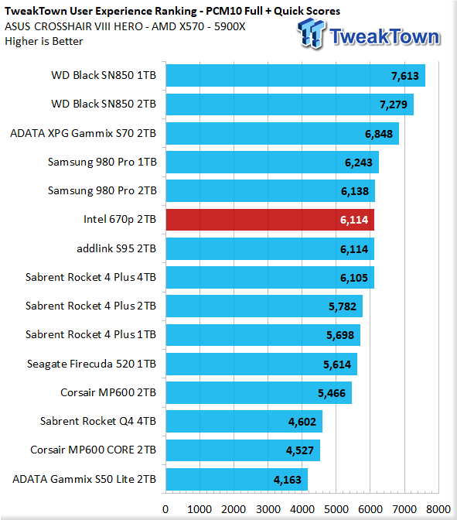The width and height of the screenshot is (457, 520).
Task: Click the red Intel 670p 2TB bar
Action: (x=270, y=220)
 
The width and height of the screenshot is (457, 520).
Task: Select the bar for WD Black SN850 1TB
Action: (x=295, y=76)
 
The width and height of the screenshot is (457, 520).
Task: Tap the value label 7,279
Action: (x=394, y=104)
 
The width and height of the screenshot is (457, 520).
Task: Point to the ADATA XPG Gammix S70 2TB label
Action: (x=84, y=133)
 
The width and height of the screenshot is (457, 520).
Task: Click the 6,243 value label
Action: (x=359, y=162)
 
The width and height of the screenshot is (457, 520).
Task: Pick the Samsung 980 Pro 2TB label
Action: (x=102, y=190)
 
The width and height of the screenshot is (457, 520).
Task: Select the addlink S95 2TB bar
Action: (x=270, y=248)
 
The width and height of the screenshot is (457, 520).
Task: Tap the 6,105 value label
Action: (x=354, y=278)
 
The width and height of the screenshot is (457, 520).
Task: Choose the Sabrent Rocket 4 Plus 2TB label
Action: (x=90, y=306)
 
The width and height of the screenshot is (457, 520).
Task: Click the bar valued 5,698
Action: (x=263, y=335)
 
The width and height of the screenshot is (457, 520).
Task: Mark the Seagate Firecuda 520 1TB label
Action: (x=91, y=364)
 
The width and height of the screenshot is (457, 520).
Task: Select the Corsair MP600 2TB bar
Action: (x=259, y=392)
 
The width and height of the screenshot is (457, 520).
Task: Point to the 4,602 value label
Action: (x=302, y=422)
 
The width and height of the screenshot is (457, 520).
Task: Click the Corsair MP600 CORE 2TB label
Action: (x=93, y=450)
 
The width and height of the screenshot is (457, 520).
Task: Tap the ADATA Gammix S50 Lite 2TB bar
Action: (x=237, y=479)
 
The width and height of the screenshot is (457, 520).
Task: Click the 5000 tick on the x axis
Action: (x=336, y=509)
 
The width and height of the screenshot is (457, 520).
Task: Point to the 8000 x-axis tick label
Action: (x=438, y=509)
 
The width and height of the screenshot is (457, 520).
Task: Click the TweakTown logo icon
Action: (x=311, y=33)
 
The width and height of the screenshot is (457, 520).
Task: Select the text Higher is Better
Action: (x=44, y=42)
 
